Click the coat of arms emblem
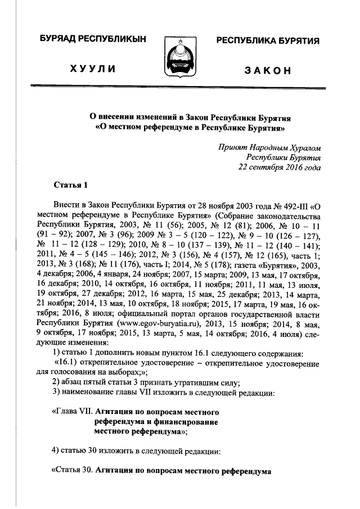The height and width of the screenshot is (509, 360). coord(181,56)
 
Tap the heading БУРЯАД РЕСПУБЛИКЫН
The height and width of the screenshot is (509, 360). coord(93,40)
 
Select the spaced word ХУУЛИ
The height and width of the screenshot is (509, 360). coord(93,69)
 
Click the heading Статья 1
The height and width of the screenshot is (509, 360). coord(71,184)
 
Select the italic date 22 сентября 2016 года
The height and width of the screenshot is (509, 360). coord(279,167)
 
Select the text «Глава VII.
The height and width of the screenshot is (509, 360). coord(71,411)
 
